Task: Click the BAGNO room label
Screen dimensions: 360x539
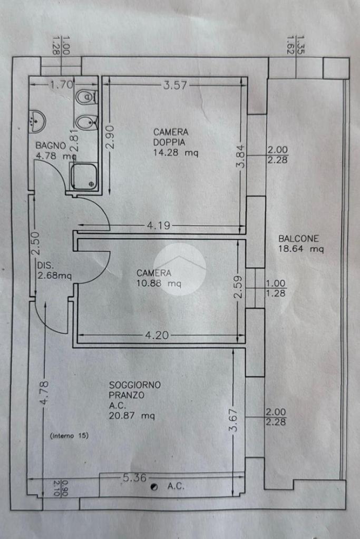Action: coord(51,145)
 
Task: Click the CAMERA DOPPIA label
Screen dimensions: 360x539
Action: coord(171,137)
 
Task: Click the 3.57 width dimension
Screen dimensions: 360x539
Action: coord(175,85)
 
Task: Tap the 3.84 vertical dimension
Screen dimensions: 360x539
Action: coord(241,157)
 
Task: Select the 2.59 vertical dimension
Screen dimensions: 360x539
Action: coord(238,287)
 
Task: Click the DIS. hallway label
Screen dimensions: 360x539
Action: coord(44,265)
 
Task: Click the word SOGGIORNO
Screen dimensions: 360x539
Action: coord(135,385)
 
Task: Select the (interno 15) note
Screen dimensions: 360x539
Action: coord(69,436)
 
